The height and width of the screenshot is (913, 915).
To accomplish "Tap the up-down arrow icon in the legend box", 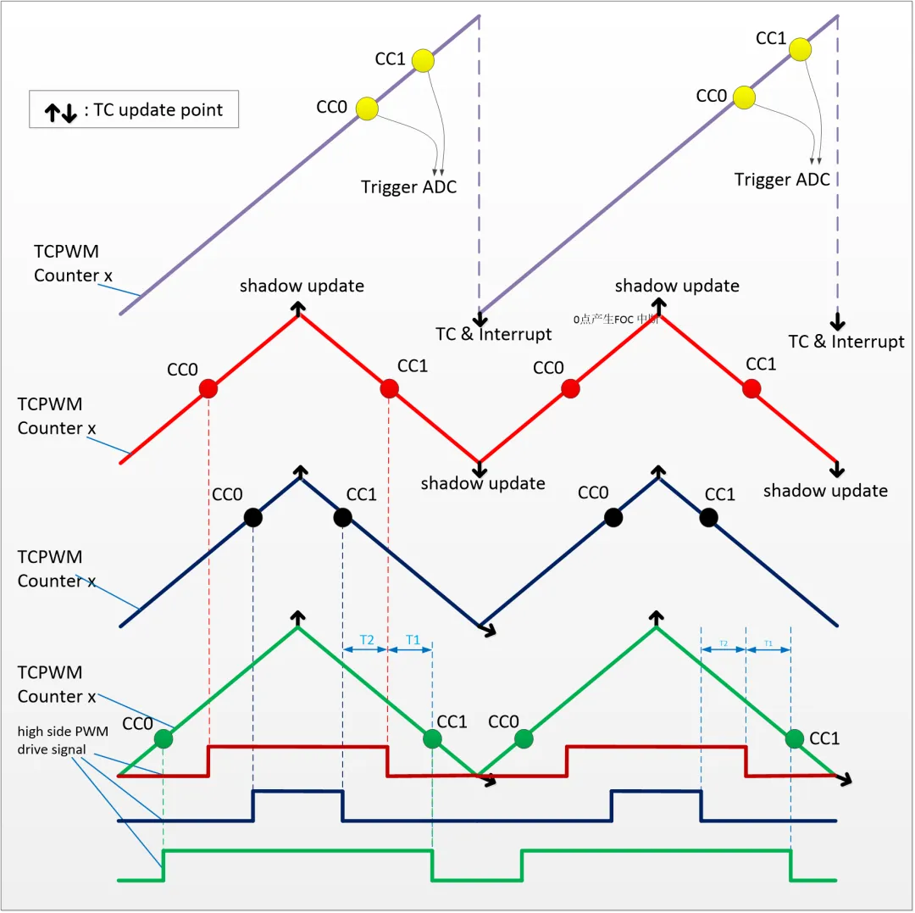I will click(x=61, y=111).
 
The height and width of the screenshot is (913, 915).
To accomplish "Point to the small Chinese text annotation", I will click(x=616, y=320).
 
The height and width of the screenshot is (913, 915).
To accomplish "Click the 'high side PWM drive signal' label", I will click(x=62, y=740).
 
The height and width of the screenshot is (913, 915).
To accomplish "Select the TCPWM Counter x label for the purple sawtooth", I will click(x=66, y=264).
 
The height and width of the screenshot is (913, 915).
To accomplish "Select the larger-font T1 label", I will click(x=413, y=640).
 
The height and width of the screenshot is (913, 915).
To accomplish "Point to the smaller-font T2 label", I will click(x=723, y=644).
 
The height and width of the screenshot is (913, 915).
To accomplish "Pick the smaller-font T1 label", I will click(x=768, y=644).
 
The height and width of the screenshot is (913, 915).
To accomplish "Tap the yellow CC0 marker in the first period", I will click(x=367, y=109).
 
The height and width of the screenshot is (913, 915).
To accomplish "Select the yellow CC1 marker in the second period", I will click(x=799, y=50).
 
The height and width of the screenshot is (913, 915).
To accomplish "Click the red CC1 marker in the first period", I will click(x=389, y=388).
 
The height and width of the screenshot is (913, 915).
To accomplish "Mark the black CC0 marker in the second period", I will click(x=613, y=517).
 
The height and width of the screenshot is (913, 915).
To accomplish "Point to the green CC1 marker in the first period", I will click(x=432, y=739).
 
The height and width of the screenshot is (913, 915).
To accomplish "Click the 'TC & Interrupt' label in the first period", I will click(x=493, y=334).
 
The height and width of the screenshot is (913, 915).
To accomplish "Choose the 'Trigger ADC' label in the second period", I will click(x=782, y=180).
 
